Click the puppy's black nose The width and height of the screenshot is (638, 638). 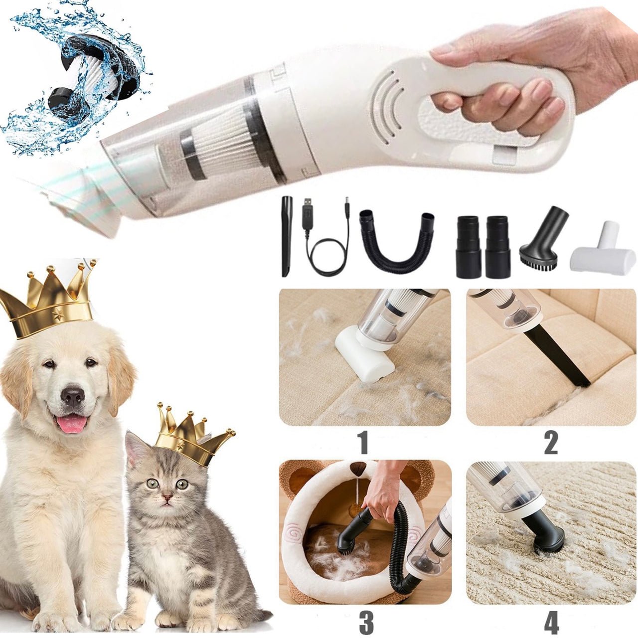73,397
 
